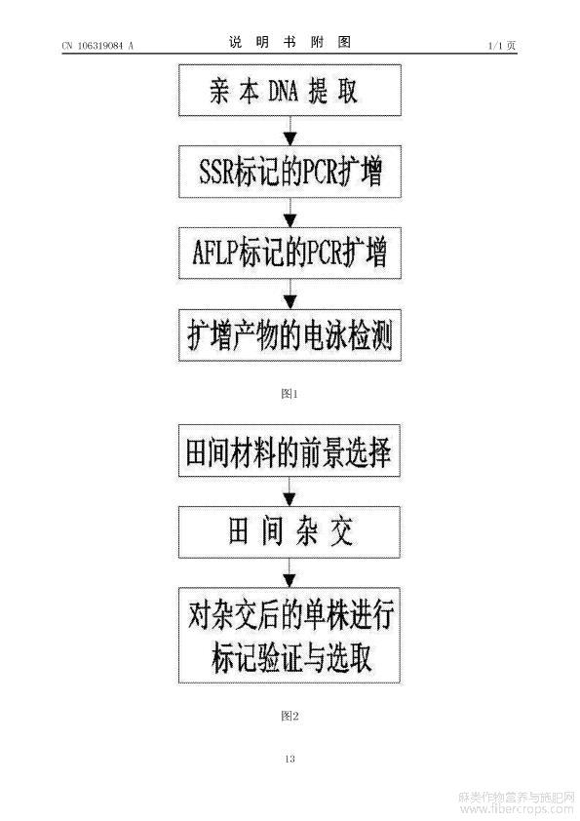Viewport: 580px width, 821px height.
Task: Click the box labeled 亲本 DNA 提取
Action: (x=290, y=90)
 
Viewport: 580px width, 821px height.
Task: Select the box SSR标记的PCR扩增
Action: (x=290, y=172)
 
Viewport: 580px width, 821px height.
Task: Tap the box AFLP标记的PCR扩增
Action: (x=290, y=253)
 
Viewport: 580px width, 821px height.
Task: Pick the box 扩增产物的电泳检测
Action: (x=290, y=335)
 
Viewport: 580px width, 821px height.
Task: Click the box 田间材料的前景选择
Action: (x=290, y=450)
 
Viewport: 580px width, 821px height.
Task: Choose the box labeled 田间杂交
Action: (x=290, y=532)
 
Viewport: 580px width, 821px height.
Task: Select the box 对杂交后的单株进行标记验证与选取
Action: (x=290, y=635)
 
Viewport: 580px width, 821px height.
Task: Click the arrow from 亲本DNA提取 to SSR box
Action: (x=290, y=131)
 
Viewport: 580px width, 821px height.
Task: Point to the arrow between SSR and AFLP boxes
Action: (x=290, y=213)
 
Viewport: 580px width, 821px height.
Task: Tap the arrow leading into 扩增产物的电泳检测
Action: (x=290, y=294)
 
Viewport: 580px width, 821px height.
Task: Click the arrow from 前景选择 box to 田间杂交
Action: (x=290, y=491)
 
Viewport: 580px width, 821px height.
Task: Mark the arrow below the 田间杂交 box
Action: (x=290, y=572)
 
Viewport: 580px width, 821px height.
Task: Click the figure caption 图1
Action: (x=290, y=394)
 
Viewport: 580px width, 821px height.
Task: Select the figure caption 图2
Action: (x=290, y=716)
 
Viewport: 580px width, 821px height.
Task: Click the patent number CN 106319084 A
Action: (x=97, y=46)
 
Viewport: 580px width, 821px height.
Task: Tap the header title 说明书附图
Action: (x=290, y=42)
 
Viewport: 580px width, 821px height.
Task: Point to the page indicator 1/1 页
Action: (x=502, y=46)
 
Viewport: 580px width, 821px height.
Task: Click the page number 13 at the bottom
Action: (x=290, y=759)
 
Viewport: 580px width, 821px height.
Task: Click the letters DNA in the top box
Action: (x=284, y=91)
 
